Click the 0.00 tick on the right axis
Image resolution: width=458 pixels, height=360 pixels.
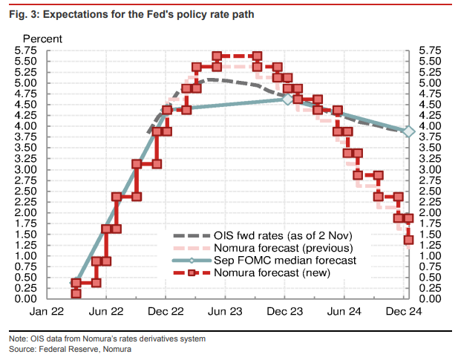[x=430, y=299]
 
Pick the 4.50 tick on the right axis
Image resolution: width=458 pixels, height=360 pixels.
[x=430, y=105]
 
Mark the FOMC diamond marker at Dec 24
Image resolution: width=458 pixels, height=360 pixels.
[x=408, y=131]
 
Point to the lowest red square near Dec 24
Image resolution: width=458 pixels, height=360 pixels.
[x=408, y=240]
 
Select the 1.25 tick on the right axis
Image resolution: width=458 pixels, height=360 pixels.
[x=430, y=245]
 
